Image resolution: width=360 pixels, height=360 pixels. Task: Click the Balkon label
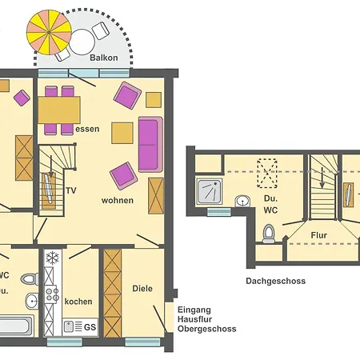click(x=104, y=58)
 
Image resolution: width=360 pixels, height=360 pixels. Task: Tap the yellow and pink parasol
click(x=49, y=32)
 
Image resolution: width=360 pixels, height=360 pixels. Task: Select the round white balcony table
click(x=82, y=42)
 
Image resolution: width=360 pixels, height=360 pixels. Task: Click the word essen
click(x=87, y=129)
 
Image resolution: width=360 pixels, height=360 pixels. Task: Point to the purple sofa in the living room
click(x=150, y=144)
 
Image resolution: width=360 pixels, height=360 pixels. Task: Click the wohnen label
click(x=118, y=200)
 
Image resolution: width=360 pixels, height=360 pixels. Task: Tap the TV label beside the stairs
click(x=71, y=190)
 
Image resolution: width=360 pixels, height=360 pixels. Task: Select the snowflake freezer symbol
click(x=53, y=258)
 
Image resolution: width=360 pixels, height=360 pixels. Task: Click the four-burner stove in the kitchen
click(x=52, y=294)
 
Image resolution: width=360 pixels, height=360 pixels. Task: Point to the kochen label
click(x=78, y=302)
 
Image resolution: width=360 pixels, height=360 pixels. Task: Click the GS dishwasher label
click(x=90, y=327)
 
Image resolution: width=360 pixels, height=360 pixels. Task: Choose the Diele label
click(x=142, y=288)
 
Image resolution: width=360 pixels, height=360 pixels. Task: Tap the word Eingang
click(x=194, y=310)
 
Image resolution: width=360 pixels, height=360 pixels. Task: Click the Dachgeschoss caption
click(x=276, y=281)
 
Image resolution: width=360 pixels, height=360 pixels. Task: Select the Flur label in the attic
click(x=319, y=235)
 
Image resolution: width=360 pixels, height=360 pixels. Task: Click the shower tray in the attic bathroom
click(x=210, y=192)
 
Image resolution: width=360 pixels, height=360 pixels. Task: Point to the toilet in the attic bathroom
click(x=269, y=234)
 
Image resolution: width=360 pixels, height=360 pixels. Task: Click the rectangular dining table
click(x=59, y=110)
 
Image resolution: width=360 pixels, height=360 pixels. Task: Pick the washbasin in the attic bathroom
click(x=242, y=201)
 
